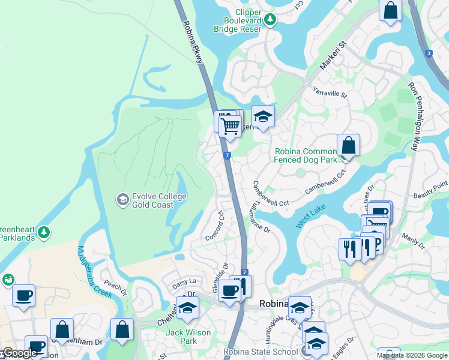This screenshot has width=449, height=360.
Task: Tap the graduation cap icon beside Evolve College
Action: point(123,199)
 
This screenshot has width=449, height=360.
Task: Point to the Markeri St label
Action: point(334,55)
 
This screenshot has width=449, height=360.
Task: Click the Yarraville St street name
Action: point(330,92)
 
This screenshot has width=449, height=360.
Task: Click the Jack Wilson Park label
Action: point(188,337)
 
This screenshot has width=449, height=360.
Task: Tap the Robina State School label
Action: point(261,352)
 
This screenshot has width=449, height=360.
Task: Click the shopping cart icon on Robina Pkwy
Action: point(230,126)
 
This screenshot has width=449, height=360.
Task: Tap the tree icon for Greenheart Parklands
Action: point(43,232)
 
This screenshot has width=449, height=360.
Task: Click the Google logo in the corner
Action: point(19,353)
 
